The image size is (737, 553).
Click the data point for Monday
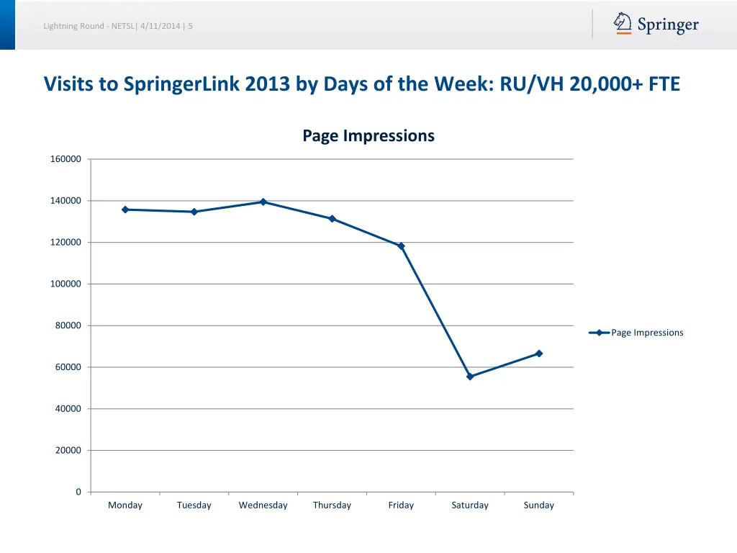125,210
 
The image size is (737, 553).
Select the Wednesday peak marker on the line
263,202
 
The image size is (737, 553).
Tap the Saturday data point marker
470,377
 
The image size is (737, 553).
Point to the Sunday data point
539,354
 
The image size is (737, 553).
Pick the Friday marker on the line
401,246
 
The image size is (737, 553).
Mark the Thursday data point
333,219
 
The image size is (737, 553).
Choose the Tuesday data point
194,212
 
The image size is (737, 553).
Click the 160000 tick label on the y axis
65,159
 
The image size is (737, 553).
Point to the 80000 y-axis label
68,325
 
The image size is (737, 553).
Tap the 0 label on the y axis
78,492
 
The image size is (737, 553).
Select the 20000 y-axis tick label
68,451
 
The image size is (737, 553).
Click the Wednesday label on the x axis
263,505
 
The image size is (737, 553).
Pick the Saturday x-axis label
470,505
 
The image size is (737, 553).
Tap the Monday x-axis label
125,505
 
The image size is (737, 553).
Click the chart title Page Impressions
368,135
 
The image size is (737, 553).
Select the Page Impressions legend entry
646,333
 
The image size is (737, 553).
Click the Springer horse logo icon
623,24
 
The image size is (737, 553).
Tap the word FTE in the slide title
664,85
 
